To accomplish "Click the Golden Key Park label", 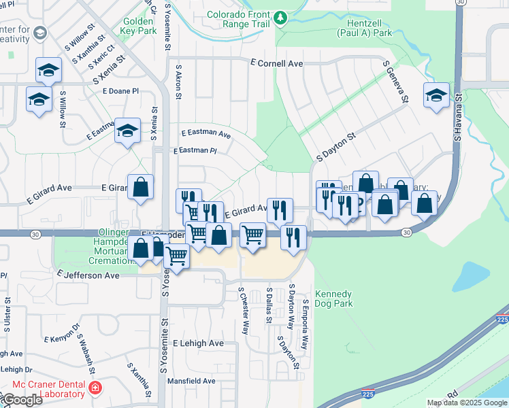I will (139, 25).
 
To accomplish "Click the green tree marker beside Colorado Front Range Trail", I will (280, 19).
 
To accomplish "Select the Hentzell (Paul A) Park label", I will (364, 27).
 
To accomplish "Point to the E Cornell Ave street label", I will (276, 63).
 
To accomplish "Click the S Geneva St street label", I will (395, 83).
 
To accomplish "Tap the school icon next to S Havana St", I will (436, 96).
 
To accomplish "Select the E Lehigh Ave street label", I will (198, 343).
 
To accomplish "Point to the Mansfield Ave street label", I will (192, 381).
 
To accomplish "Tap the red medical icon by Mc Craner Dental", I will (96, 388).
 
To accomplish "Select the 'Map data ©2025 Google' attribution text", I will (467, 403).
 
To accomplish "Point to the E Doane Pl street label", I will (120, 90).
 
